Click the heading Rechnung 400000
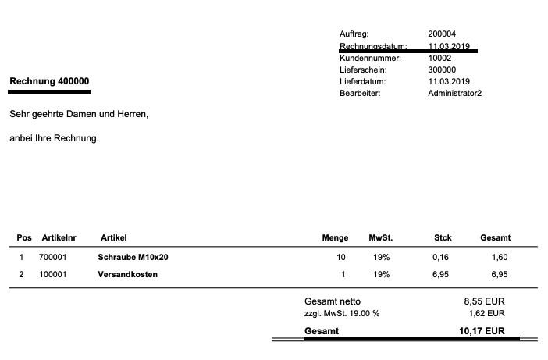(49, 81)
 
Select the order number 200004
(442, 34)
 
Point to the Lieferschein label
(361, 70)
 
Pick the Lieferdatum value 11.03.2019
(449, 81)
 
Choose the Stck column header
(443, 237)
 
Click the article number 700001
(53, 257)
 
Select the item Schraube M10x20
(133, 257)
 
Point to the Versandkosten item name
(128, 274)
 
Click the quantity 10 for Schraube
(341, 257)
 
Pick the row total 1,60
(499, 257)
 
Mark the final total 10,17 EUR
(482, 331)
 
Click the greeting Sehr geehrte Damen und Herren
(79, 114)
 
